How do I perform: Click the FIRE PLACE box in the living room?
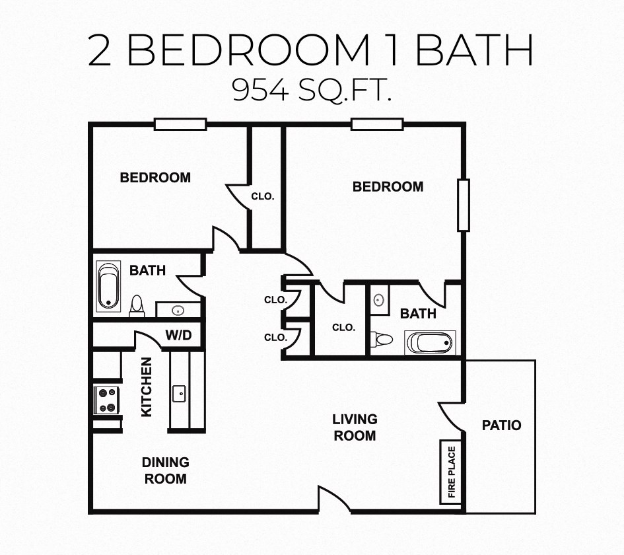452,472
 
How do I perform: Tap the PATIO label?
501,425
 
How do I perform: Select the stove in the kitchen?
107,400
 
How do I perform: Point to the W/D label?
178,336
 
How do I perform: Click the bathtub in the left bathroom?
108,287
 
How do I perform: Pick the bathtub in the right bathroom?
430,343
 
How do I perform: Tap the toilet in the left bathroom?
137,305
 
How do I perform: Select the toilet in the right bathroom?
382,339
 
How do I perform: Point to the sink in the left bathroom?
177,310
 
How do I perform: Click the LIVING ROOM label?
355,427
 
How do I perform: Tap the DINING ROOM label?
165,470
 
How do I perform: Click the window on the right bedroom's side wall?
463,205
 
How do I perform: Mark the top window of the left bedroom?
180,124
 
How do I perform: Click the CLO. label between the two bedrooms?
263,196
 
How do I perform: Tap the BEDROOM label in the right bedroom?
388,187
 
